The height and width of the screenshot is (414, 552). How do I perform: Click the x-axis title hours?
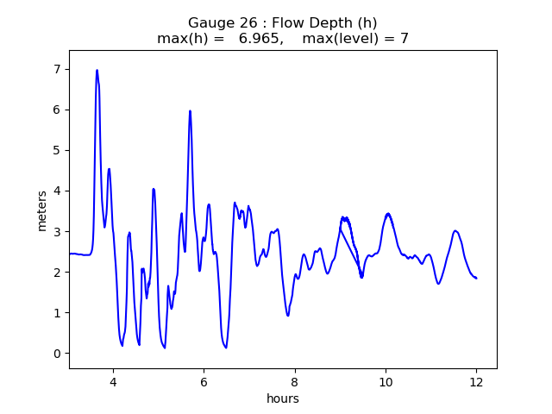283,398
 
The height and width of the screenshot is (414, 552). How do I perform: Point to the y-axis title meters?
42,210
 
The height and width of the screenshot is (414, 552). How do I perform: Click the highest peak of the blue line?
97,71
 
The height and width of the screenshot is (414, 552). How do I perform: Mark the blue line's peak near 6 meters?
190,111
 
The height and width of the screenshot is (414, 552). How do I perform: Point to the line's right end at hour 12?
476,278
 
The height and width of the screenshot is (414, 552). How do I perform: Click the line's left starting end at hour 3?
70,254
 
